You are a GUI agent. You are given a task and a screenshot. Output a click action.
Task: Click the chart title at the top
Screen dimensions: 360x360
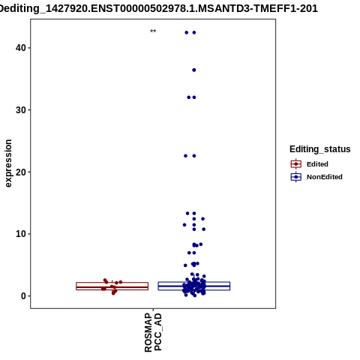click(159, 8)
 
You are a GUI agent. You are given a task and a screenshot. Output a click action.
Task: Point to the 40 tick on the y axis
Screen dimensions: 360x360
click(21, 48)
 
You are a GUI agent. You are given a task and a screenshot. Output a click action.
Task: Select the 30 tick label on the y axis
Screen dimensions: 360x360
click(21, 109)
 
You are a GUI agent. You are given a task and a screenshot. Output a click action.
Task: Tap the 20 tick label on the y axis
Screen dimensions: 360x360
click(21, 172)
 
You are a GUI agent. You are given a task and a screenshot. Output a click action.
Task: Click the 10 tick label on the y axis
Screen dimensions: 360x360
click(21, 234)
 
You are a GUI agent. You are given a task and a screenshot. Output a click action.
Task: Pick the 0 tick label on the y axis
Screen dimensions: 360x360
click(23, 296)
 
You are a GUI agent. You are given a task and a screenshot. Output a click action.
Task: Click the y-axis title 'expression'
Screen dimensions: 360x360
click(8, 163)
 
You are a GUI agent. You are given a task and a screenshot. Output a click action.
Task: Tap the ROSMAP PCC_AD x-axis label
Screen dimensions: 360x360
click(153, 332)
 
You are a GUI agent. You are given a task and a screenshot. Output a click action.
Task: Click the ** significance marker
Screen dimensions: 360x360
click(153, 31)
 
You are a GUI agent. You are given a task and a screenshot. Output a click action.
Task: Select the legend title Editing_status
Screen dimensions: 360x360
click(320, 149)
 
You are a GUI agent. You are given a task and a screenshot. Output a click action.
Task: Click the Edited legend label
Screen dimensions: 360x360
click(317, 164)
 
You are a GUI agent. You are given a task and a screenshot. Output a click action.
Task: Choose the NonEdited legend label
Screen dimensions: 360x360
click(325, 177)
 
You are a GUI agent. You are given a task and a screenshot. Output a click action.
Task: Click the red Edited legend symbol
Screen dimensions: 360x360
click(296, 164)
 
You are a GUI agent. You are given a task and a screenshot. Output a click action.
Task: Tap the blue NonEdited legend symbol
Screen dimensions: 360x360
click(296, 177)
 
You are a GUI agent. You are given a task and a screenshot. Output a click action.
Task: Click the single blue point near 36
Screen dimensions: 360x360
click(194, 70)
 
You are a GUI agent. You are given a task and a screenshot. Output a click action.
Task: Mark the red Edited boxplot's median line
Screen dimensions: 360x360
click(112, 287)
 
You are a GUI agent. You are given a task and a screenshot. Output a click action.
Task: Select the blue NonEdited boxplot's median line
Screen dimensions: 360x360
click(194, 286)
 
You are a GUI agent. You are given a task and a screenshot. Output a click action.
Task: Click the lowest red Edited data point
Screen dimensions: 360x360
click(113, 293)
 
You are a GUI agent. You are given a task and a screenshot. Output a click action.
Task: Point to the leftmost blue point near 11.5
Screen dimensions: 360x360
click(184, 225)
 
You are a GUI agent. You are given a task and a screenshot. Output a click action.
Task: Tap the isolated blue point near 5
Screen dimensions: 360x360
click(185, 265)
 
